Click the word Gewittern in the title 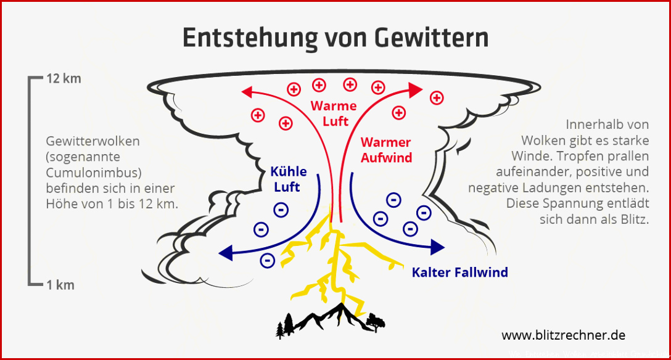(432, 38)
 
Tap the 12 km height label (64, 79)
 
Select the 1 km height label (60, 285)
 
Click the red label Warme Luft (334, 113)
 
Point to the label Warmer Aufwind (386, 150)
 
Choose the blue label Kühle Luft (289, 179)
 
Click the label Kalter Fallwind (460, 272)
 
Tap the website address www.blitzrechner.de (564, 335)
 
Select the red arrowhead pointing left (247, 91)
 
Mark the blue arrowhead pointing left (226, 253)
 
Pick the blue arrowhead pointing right (437, 247)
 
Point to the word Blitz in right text (635, 219)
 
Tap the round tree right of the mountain (376, 321)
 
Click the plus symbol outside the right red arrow (437, 98)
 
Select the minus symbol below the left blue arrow (268, 260)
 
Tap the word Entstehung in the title (251, 38)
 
